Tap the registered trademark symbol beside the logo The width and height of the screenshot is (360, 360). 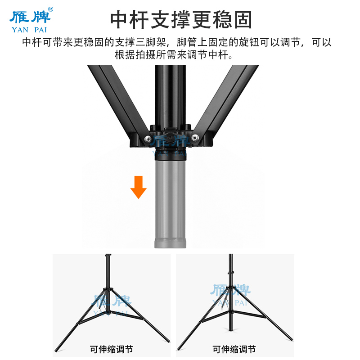50,9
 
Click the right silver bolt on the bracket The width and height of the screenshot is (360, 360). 194,139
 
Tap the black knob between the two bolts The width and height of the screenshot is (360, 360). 170,136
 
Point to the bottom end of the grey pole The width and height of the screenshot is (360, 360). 171,244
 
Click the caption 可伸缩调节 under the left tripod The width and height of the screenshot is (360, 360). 111,349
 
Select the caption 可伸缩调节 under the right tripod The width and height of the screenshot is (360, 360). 234,349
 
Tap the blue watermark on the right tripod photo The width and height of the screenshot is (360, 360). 230,293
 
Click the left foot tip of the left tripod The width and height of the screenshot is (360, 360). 55,350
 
